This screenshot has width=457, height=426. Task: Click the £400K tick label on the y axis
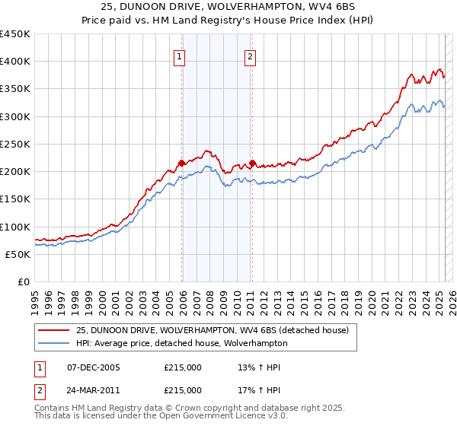coord(15,62)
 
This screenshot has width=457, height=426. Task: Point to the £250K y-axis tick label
coord(15,144)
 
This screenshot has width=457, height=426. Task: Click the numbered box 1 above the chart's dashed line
coord(179,56)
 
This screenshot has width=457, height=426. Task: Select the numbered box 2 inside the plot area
coord(250,56)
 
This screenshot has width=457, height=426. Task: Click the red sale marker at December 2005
coord(182,163)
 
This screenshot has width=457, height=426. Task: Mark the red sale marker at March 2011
coord(252,163)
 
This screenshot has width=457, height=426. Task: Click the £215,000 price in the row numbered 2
coord(183,390)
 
